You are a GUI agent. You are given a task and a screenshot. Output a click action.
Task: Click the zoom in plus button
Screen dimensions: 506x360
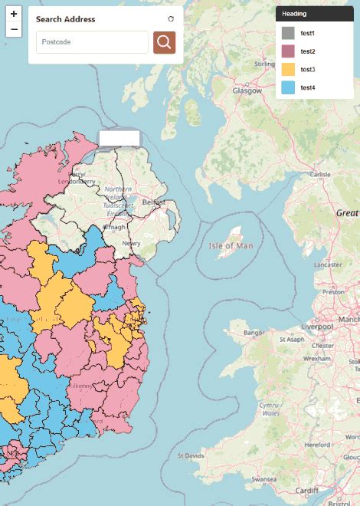pyautogui.click(x=13, y=14)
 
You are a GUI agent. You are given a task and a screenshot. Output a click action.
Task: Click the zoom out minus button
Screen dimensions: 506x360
pyautogui.click(x=13, y=30)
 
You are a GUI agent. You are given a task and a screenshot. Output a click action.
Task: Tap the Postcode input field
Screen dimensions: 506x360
pyautogui.click(x=92, y=42)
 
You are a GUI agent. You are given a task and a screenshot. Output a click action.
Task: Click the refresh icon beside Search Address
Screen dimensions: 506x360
pyautogui.click(x=171, y=19)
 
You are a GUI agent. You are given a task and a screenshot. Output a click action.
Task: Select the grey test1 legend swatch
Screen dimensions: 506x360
pyautogui.click(x=288, y=33)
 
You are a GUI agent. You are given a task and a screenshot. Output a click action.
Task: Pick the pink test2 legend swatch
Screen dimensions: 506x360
pyautogui.click(x=288, y=51)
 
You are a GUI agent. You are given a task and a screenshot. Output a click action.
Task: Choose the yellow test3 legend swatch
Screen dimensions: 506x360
pyautogui.click(x=288, y=70)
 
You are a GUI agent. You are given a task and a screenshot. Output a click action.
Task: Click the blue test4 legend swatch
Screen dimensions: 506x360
pyautogui.click(x=288, y=87)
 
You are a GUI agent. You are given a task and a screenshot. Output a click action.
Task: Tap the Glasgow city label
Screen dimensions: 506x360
pyautogui.click(x=247, y=90)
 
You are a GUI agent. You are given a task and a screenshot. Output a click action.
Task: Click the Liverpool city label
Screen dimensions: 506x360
pyautogui.click(x=318, y=327)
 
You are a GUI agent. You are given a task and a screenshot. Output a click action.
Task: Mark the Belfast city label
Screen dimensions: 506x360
pyautogui.click(x=153, y=202)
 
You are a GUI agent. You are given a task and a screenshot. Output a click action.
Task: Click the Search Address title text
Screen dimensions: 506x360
pyautogui.click(x=66, y=19)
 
